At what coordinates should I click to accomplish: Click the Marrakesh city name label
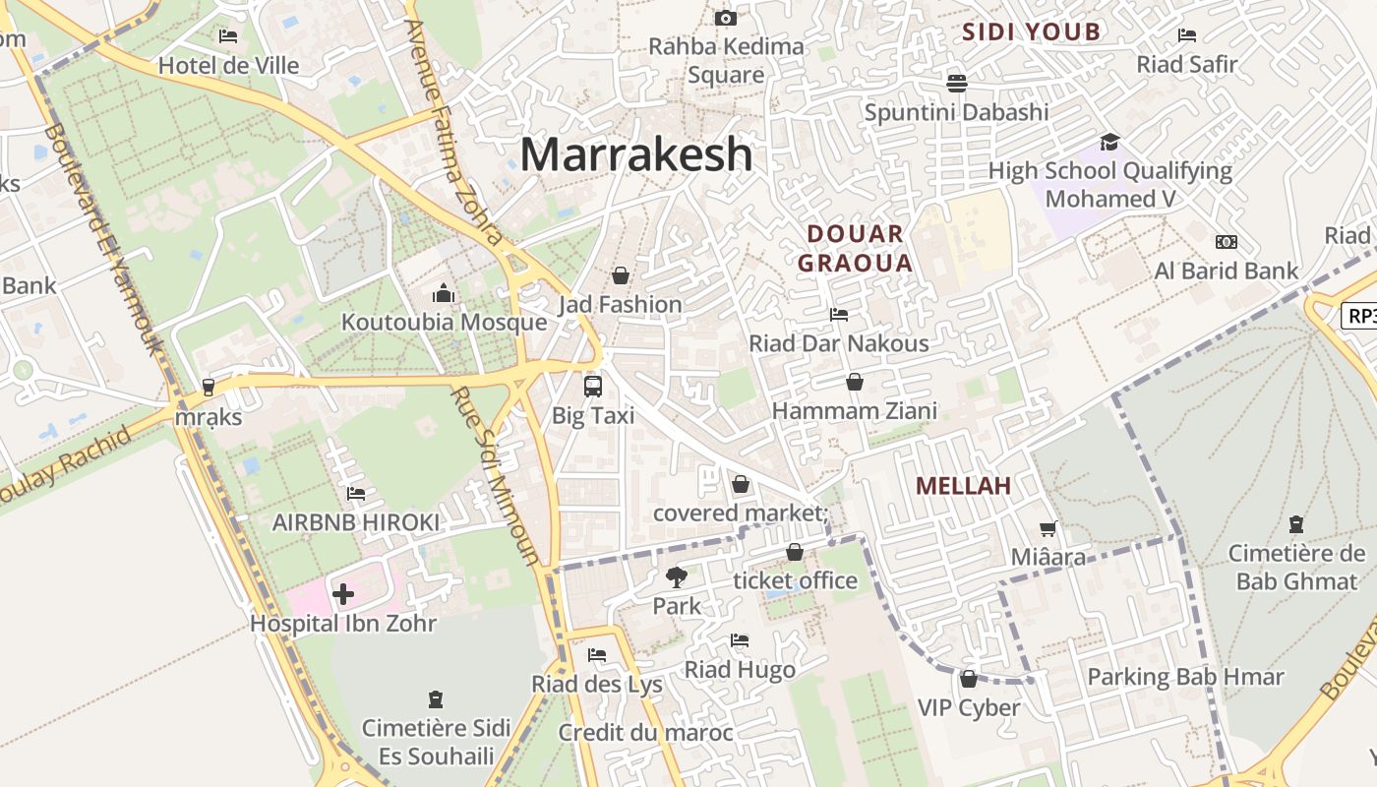pyautogui.click(x=636, y=154)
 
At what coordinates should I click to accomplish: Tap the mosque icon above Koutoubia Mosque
pyautogui.click(x=444, y=293)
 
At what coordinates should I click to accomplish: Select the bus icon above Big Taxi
pyautogui.click(x=592, y=386)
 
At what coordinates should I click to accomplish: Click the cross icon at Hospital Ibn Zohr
pyautogui.click(x=343, y=593)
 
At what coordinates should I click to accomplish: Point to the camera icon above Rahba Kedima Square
pyautogui.click(x=726, y=18)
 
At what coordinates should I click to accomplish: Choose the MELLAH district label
pyautogui.click(x=963, y=485)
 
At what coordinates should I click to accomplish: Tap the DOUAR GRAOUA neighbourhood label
pyautogui.click(x=855, y=248)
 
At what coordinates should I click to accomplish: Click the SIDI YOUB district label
pyautogui.click(x=1031, y=31)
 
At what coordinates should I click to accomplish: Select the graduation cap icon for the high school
pyautogui.click(x=1109, y=142)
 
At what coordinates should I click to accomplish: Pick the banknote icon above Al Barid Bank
pyautogui.click(x=1226, y=242)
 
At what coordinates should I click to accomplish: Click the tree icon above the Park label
pyautogui.click(x=676, y=576)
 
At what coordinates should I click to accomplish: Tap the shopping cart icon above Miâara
pyautogui.click(x=1048, y=528)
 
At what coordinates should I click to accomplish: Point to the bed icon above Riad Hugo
pyautogui.click(x=740, y=640)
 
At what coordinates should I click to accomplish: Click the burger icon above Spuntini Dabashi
pyautogui.click(x=956, y=83)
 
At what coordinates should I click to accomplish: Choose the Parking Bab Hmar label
pyautogui.click(x=1184, y=677)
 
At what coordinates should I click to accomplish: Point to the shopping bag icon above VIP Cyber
pyautogui.click(x=969, y=679)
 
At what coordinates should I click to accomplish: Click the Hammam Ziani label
pyautogui.click(x=854, y=410)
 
